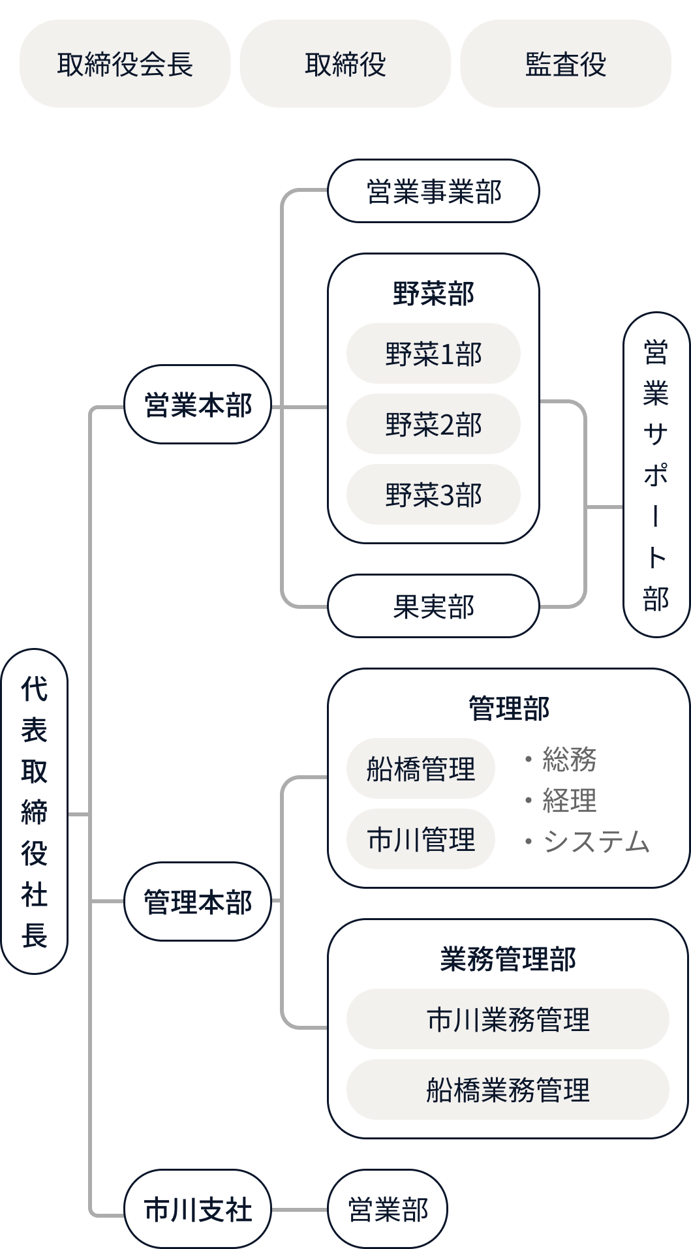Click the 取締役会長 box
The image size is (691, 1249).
[125, 64]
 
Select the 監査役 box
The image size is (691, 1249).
[565, 64]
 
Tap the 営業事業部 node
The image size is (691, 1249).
[433, 191]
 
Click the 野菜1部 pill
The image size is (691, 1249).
[433, 354]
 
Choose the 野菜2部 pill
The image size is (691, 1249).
[433, 424]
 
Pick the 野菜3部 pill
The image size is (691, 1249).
[433, 495]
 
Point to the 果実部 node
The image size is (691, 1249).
[433, 606]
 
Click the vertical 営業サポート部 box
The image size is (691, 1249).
[656, 476]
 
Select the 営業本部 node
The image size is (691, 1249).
[198, 405]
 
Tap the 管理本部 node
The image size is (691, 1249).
[198, 902]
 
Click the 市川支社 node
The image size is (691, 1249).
[198, 1209]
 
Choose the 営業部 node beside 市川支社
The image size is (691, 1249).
[388, 1209]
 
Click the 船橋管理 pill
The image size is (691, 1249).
[421, 769]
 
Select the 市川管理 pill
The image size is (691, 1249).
[421, 839]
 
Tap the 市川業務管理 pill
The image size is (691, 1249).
[508, 1019]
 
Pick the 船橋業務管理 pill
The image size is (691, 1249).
[508, 1090]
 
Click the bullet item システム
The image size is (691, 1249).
[596, 842]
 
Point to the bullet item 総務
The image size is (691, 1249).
[569, 760]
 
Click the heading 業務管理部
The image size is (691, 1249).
[508, 959]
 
